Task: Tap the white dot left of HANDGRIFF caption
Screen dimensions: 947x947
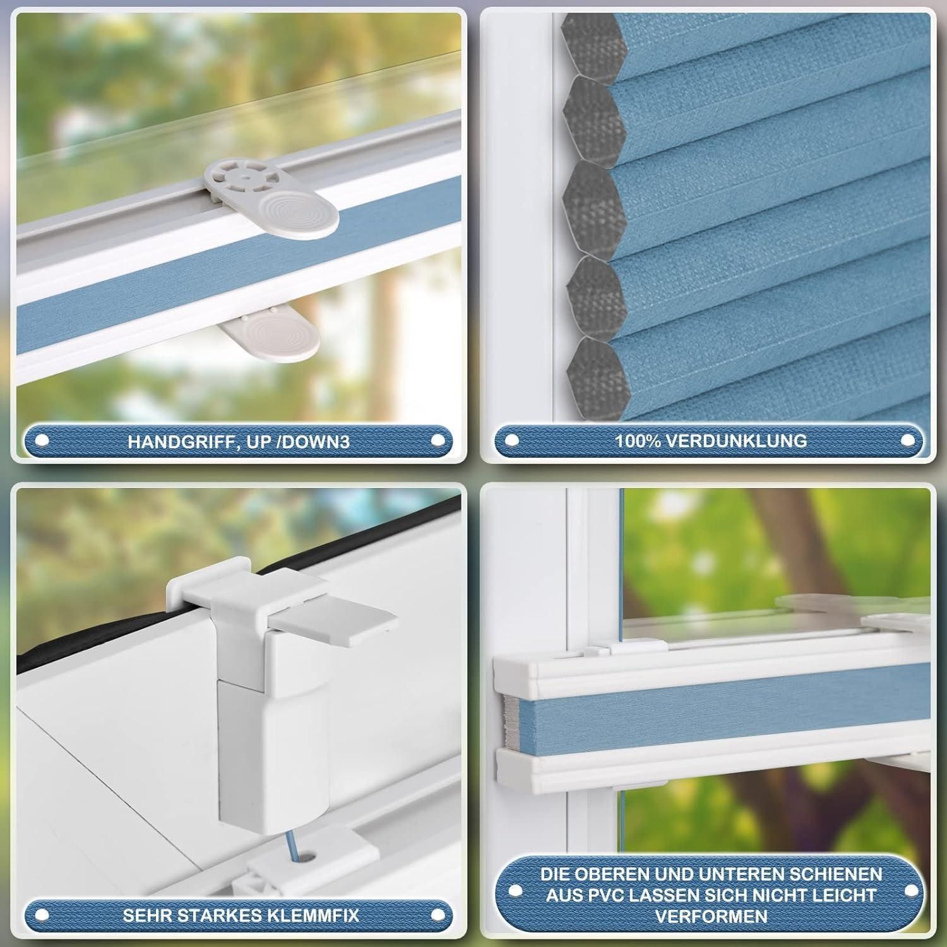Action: (42, 441)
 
